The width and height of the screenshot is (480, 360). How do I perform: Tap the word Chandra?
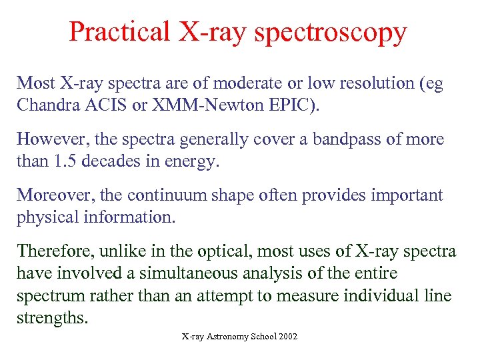pos(45,105)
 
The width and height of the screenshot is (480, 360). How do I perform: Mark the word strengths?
pos(51,318)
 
